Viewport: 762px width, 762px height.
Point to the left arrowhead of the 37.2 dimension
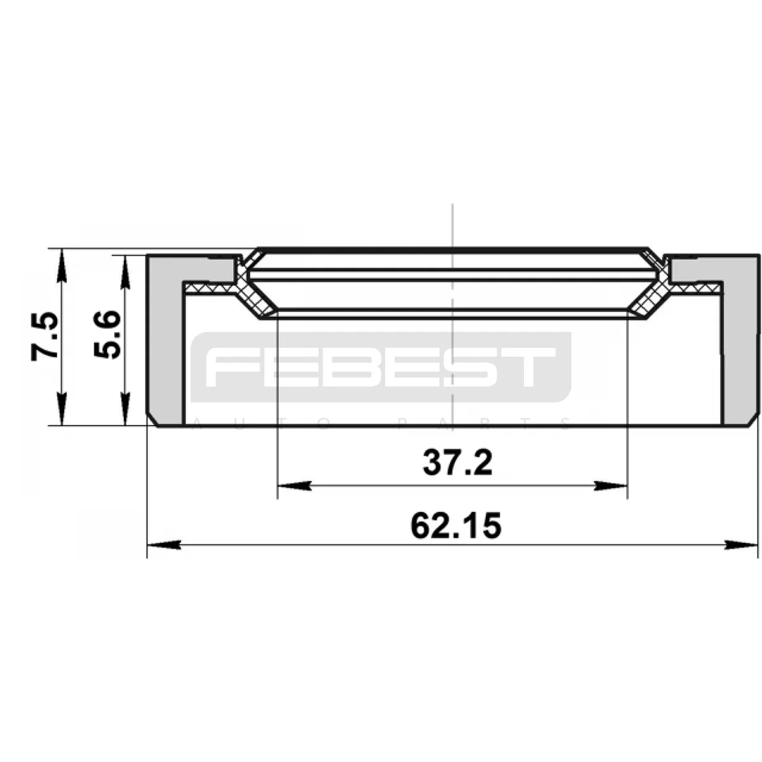(294, 485)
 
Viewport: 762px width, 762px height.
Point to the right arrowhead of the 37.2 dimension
(610, 485)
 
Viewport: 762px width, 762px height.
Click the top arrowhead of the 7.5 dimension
(62, 265)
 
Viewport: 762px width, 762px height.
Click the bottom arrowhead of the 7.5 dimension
(62, 409)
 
